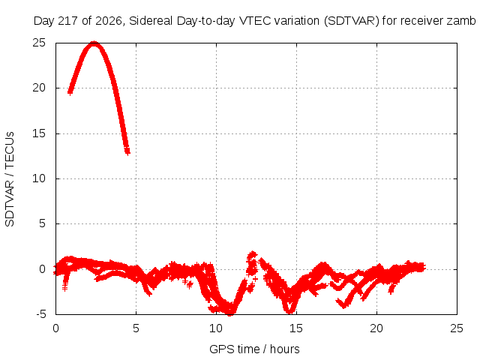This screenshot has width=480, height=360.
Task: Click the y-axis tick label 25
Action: pyautogui.click(x=39, y=43)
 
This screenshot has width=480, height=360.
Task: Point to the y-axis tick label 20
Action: pyautogui.click(x=39, y=88)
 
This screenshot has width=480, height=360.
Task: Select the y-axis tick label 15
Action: pyautogui.click(x=39, y=133)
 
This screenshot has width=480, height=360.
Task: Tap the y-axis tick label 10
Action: pyautogui.click(x=39, y=178)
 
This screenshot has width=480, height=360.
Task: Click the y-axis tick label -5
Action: pyautogui.click(x=40, y=314)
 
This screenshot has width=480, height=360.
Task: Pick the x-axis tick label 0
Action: pyautogui.click(x=55, y=328)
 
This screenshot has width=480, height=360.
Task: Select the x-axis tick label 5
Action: pyautogui.click(x=136, y=328)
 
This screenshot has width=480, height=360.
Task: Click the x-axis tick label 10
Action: pyautogui.click(x=216, y=328)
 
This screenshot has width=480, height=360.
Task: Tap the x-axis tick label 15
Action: pyautogui.click(x=296, y=328)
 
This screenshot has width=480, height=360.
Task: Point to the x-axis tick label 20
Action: pyautogui.click(x=376, y=328)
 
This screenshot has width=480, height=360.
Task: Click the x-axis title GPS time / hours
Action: pyautogui.click(x=254, y=349)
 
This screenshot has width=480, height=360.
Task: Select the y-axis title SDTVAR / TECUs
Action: pyautogui.click(x=10, y=179)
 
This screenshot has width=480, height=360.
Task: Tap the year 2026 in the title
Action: pyautogui.click(x=109, y=21)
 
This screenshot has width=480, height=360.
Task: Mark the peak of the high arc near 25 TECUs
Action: pyautogui.click(x=94, y=43)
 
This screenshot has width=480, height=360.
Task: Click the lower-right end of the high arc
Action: pyautogui.click(x=127, y=151)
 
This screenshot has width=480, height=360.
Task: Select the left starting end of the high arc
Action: pyautogui.click(x=70, y=91)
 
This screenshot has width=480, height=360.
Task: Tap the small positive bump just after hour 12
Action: pyautogui.click(x=252, y=255)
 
